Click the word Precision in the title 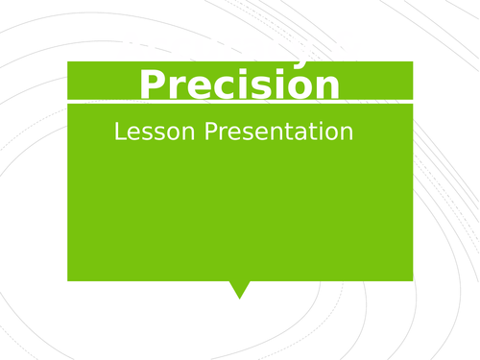[x=239, y=84]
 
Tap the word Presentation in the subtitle [x=278, y=132]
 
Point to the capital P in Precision [x=154, y=84]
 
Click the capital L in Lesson [x=119, y=132]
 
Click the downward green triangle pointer [x=239, y=288]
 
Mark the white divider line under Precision [x=239, y=101]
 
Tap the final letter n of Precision [x=326, y=87]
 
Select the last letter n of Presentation [x=347, y=133]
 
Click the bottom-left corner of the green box [x=68, y=279]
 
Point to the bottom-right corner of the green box [x=412, y=279]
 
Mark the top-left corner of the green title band [x=68, y=62]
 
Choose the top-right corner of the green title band [x=412, y=62]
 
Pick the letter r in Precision [x=176, y=87]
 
